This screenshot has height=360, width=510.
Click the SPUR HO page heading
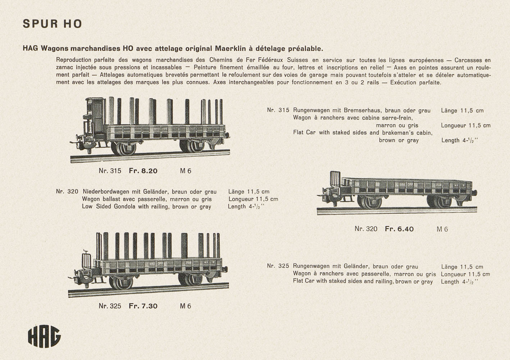(53, 24)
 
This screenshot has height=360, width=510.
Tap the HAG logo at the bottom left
(44, 337)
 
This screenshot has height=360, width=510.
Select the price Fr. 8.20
(143, 171)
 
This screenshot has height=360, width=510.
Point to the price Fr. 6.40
(399, 229)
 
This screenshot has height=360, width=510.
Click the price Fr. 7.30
(143, 306)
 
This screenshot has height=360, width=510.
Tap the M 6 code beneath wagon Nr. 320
(442, 229)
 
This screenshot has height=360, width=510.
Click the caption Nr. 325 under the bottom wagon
(110, 306)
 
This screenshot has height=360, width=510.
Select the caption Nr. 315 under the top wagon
(110, 171)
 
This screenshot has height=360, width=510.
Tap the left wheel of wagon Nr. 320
(370, 202)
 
